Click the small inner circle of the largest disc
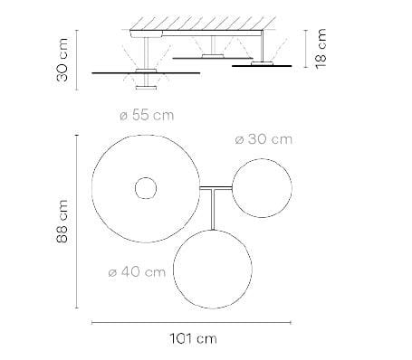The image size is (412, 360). [x=146, y=188]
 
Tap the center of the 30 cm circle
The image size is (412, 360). [x=261, y=186]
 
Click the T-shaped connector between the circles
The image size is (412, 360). [x=216, y=192]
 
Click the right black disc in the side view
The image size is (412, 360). [x=262, y=65]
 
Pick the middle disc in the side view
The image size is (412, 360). [x=212, y=57]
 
